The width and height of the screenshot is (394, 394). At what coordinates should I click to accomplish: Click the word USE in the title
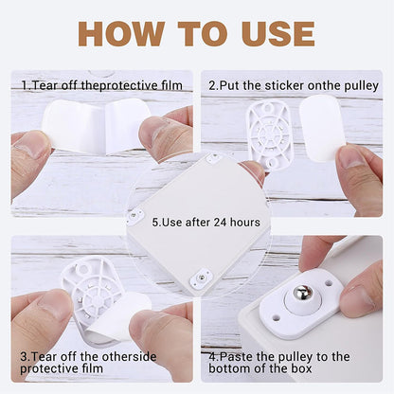point(278,34)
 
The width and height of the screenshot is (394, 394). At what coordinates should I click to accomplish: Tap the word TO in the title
point(203,34)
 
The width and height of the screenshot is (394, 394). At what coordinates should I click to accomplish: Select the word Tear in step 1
point(45,85)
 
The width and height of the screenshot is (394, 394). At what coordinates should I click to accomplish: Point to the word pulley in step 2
point(361,86)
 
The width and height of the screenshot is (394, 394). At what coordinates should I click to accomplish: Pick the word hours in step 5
point(245,223)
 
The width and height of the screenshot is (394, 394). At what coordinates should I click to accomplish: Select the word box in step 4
point(301,368)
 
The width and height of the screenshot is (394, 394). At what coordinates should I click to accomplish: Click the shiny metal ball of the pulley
point(302,293)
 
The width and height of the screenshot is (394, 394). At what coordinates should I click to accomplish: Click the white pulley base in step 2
point(268,134)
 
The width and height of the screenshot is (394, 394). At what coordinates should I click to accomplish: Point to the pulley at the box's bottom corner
point(201,278)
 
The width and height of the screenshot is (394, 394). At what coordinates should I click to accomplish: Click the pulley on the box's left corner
point(134,216)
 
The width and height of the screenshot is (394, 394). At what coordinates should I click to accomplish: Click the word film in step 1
point(172,85)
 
